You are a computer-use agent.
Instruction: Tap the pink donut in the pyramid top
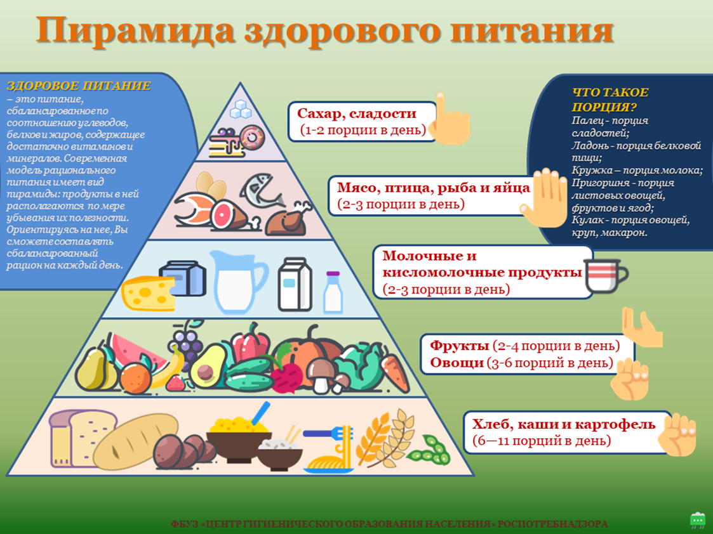(x=252, y=136)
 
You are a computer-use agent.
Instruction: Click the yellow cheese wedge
(x=147, y=292)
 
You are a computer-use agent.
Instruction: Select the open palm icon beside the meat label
(x=544, y=197)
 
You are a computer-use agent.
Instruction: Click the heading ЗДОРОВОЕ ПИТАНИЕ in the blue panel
(x=79, y=86)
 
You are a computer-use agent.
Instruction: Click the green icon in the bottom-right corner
(x=697, y=520)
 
